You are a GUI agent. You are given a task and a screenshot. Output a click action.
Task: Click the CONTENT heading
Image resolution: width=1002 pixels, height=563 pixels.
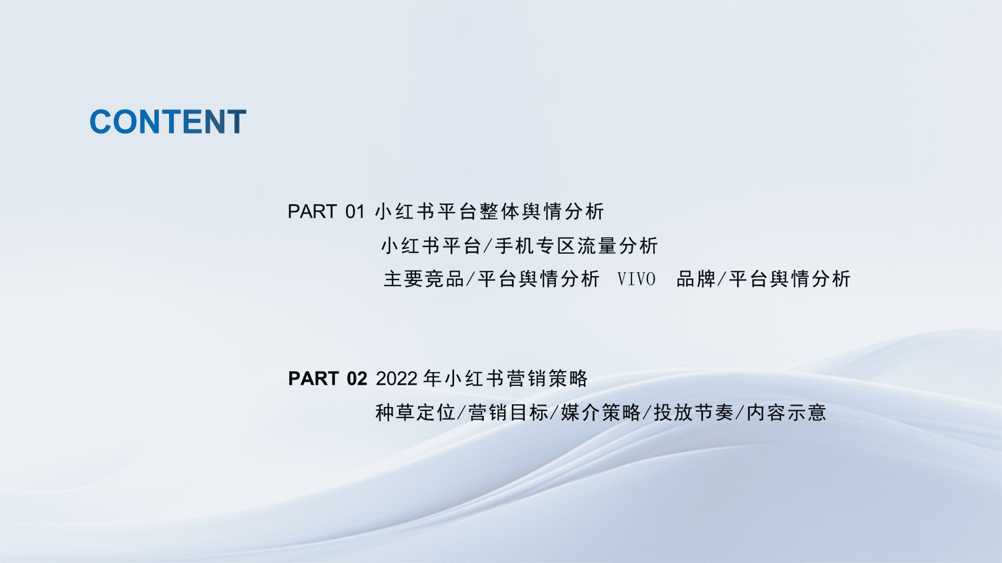click(168, 122)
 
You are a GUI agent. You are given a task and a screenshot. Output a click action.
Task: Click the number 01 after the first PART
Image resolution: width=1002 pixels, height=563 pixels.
click(355, 212)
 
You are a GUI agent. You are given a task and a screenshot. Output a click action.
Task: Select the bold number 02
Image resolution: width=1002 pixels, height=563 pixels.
click(357, 378)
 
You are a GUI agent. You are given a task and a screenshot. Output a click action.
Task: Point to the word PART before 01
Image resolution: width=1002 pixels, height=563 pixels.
click(312, 212)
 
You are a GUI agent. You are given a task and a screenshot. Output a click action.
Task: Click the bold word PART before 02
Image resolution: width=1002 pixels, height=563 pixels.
click(314, 378)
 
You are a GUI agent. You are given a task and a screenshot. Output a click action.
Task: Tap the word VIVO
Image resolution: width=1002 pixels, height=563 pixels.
click(636, 279)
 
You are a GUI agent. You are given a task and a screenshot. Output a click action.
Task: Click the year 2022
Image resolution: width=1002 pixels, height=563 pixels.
click(397, 378)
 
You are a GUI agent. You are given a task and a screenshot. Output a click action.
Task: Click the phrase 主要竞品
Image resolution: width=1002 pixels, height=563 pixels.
click(424, 279)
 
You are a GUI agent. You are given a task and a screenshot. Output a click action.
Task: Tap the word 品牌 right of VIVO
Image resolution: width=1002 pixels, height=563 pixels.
click(696, 279)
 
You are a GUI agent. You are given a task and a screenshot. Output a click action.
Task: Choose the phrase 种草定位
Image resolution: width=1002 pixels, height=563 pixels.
click(415, 413)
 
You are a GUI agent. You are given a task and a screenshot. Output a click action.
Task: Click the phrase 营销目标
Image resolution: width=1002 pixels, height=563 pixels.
click(508, 413)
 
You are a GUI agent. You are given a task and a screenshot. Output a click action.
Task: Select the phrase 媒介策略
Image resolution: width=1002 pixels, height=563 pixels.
click(601, 413)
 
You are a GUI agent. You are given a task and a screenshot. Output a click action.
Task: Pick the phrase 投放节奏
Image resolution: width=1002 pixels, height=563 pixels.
click(694, 413)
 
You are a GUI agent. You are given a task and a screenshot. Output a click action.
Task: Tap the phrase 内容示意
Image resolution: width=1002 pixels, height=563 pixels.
click(787, 413)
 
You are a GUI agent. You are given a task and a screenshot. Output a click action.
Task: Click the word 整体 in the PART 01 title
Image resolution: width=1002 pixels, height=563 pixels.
click(500, 212)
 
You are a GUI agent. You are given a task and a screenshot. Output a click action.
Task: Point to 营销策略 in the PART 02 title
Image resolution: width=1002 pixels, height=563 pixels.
click(547, 378)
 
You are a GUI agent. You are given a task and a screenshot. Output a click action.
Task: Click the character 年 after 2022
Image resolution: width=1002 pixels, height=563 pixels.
click(432, 378)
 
